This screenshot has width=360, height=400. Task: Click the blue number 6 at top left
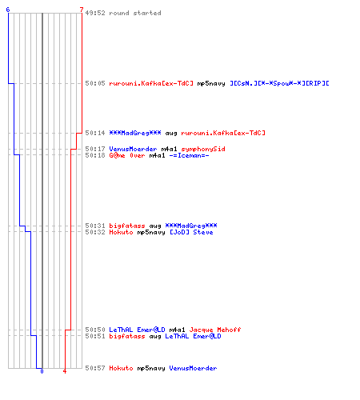[8, 10]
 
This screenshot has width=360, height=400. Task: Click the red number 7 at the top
[82, 10]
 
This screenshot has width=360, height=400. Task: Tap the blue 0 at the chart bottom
[42, 371]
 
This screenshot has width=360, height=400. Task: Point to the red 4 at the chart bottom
[65, 371]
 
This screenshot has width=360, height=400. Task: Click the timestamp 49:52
[95, 13]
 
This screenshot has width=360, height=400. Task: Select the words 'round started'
[135, 13]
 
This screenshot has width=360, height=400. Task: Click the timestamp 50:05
[95, 83]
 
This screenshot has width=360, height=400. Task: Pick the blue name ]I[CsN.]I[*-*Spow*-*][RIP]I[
[279, 83]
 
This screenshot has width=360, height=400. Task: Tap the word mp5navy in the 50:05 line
[211, 84]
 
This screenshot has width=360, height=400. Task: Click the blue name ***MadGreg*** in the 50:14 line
[135, 133]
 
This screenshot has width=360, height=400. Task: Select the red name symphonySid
[203, 149]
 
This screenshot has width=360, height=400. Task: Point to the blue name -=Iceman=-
[189, 155]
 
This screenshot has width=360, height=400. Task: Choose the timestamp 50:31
[95, 226]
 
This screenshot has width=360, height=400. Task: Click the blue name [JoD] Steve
[191, 232]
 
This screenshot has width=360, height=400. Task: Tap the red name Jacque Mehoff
[215, 330]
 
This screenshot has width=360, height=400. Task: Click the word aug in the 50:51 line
[155, 337]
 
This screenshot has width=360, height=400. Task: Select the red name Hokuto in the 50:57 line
[121, 368]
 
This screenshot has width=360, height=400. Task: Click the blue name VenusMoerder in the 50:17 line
[133, 149]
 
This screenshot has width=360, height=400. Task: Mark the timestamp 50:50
[95, 330]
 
